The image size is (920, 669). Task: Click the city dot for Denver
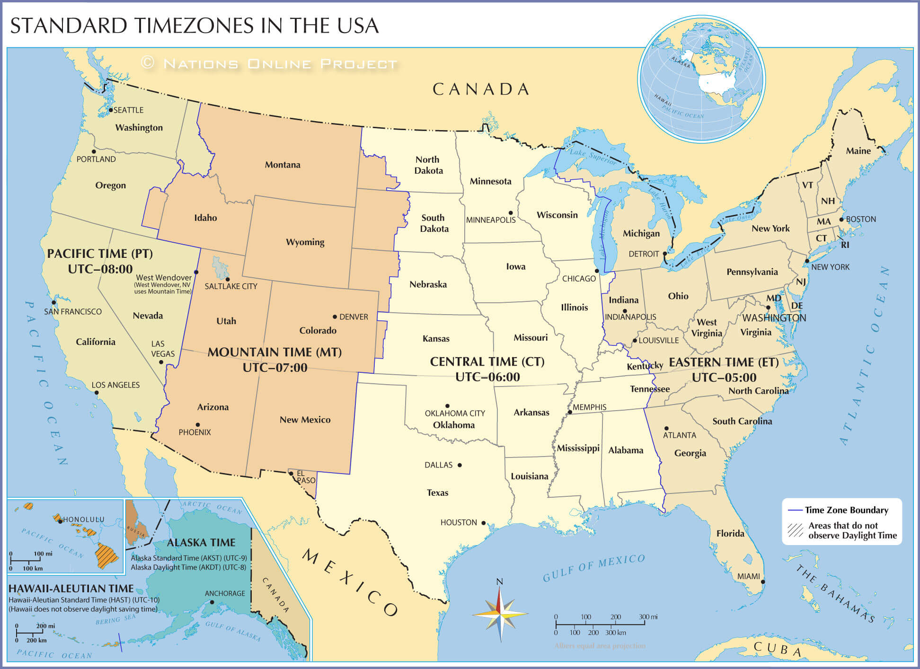click(335, 317)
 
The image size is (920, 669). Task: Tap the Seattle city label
click(128, 110)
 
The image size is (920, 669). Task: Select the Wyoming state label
click(305, 242)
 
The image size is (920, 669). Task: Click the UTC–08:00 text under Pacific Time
click(100, 269)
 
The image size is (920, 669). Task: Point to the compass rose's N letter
click(499, 581)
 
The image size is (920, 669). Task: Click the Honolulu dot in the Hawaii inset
click(60, 521)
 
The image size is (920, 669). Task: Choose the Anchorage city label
click(225, 593)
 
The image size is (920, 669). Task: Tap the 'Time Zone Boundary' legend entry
click(846, 510)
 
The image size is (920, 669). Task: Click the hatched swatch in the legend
click(796, 530)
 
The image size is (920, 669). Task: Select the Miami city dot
click(762, 582)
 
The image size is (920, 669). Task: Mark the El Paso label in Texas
click(306, 477)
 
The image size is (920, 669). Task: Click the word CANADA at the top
click(481, 89)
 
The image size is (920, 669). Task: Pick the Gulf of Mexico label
click(593, 568)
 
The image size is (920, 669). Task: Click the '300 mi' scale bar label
click(648, 616)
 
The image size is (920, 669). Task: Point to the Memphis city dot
click(570, 412)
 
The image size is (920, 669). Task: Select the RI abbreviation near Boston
click(845, 245)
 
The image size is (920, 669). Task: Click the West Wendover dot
click(196, 272)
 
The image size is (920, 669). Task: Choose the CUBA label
click(778, 649)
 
